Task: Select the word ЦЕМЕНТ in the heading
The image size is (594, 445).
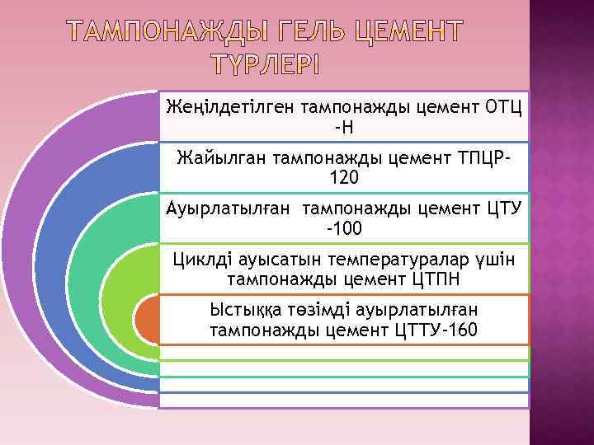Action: point(404,32)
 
